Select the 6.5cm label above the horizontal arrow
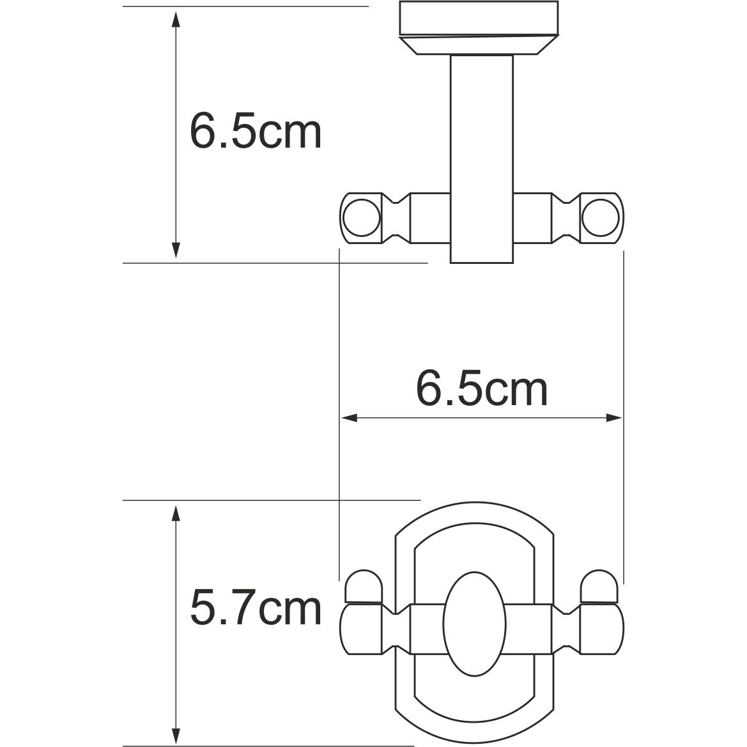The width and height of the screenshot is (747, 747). tap(482, 389)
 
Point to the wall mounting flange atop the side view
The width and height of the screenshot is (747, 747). tap(479, 29)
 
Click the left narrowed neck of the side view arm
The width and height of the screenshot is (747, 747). tap(397, 219)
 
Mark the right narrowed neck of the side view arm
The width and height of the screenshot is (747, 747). tap(565, 219)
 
